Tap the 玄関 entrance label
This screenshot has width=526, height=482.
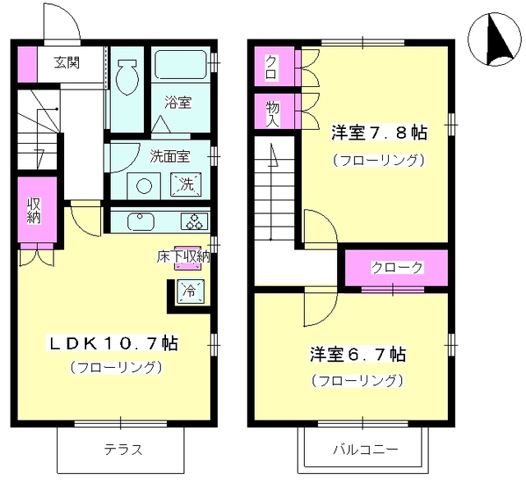point(67,62)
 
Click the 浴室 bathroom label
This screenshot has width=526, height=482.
point(178,103)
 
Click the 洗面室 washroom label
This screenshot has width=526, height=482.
point(169,154)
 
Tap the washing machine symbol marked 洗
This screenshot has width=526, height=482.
point(184,184)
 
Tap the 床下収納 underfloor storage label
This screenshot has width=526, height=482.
point(182,256)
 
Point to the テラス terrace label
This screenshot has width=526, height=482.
point(122,449)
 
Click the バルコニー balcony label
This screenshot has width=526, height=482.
point(365,450)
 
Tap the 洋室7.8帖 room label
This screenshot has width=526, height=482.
point(378,131)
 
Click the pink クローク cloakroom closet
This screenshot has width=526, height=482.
point(396,267)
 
